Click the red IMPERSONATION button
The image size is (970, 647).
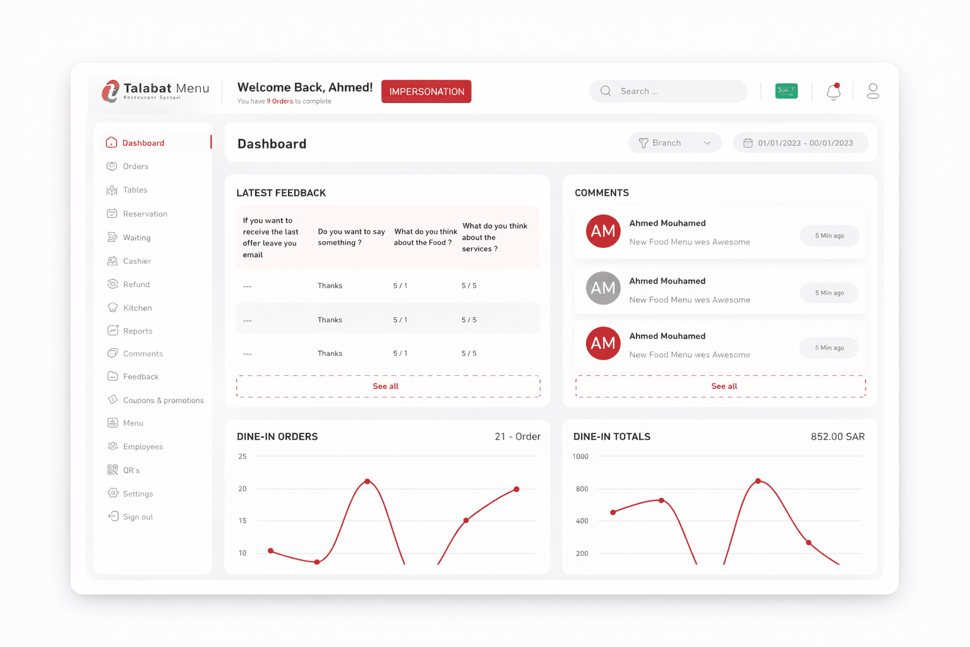tap(426, 92)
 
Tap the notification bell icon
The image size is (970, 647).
tap(834, 92)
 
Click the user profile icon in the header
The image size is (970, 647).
tap(873, 92)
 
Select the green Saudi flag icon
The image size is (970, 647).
tap(786, 91)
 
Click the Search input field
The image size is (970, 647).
tap(669, 91)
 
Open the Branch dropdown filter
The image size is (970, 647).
tap(674, 143)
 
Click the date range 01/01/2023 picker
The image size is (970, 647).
tap(800, 143)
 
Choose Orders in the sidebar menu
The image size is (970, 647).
tap(135, 167)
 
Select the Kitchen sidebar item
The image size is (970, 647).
tap(137, 308)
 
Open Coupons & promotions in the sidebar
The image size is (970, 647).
tap(163, 401)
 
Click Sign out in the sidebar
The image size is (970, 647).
tap(138, 517)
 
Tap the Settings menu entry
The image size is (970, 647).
tap(138, 494)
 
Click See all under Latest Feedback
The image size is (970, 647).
tap(386, 386)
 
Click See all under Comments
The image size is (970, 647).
tap(724, 386)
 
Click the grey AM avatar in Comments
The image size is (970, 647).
tap(603, 288)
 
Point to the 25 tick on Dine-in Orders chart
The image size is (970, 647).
tap(242, 456)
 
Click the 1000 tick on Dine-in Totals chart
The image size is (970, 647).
tap(580, 456)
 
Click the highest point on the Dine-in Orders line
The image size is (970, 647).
tap(368, 481)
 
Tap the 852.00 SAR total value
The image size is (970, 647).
tap(837, 437)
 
